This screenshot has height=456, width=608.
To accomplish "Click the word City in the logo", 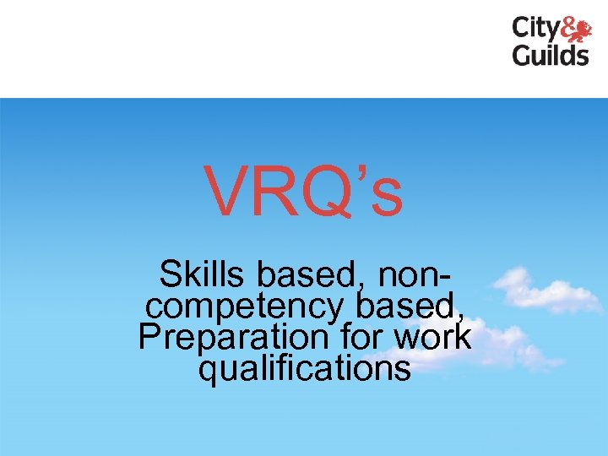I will pyautogui.click(x=535, y=30).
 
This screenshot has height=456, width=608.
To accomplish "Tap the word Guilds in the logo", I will pyautogui.click(x=551, y=56).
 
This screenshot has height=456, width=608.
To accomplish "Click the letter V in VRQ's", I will pyautogui.click(x=228, y=192).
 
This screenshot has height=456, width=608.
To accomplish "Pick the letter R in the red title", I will pyautogui.click(x=277, y=192).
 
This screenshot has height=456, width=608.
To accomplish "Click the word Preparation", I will pyautogui.click(x=233, y=337).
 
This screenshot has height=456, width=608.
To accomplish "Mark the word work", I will pyautogui.click(x=432, y=336).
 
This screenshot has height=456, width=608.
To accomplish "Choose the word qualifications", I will pyautogui.click(x=305, y=367).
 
